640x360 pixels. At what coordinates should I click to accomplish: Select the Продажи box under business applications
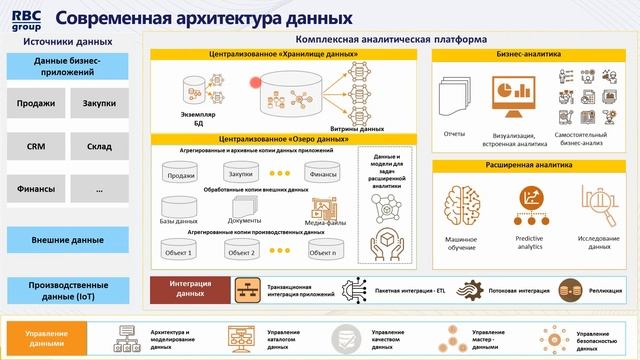pos(37,104)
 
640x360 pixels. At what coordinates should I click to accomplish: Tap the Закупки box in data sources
pos(98,104)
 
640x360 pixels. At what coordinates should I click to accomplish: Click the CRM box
pos(37,146)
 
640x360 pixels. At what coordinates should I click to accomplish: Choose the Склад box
pos(98,146)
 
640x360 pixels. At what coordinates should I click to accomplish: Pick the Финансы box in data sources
pos(37,188)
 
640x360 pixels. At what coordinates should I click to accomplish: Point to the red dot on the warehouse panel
pos(257,82)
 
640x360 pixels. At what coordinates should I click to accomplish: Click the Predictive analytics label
pos(529,243)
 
